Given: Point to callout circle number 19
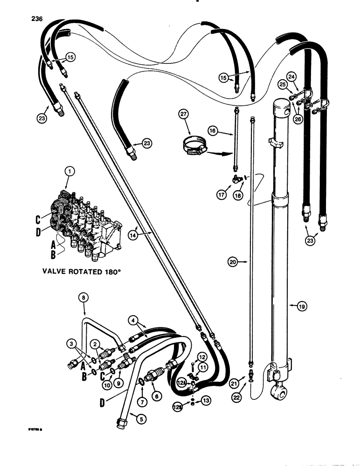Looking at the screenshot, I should pyautogui.click(x=292, y=306).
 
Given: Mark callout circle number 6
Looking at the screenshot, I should pyautogui.click(x=156, y=396).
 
